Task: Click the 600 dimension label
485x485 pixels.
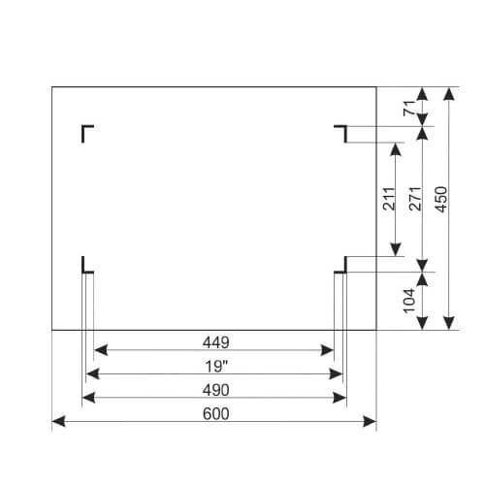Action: pyautogui.click(x=216, y=414)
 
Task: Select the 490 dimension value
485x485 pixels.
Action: pyautogui.click(x=216, y=390)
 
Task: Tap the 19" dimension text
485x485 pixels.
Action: pyautogui.click(x=216, y=367)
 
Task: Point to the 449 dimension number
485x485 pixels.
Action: pyautogui.click(x=216, y=342)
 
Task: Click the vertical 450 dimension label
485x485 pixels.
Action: pyautogui.click(x=441, y=199)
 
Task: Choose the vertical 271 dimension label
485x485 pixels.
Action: pyautogui.click(x=415, y=199)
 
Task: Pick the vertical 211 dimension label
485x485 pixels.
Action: pyautogui.click(x=389, y=199)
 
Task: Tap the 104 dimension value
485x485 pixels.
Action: pyautogui.click(x=409, y=301)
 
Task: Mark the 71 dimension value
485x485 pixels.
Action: pyautogui.click(x=409, y=108)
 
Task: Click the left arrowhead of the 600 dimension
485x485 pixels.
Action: pyautogui.click(x=59, y=422)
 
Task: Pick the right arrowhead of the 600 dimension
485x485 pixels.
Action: pyautogui.click(x=370, y=422)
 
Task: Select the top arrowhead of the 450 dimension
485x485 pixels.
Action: pyautogui.click(x=449, y=94)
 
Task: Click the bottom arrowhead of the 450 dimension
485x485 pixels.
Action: pyautogui.click(x=449, y=323)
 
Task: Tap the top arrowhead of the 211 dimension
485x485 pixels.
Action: pyautogui.click(x=396, y=149)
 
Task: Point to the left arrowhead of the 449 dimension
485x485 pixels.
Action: pyautogui.click(x=101, y=350)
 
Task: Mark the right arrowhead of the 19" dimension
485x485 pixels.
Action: pyautogui.click(x=336, y=374)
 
